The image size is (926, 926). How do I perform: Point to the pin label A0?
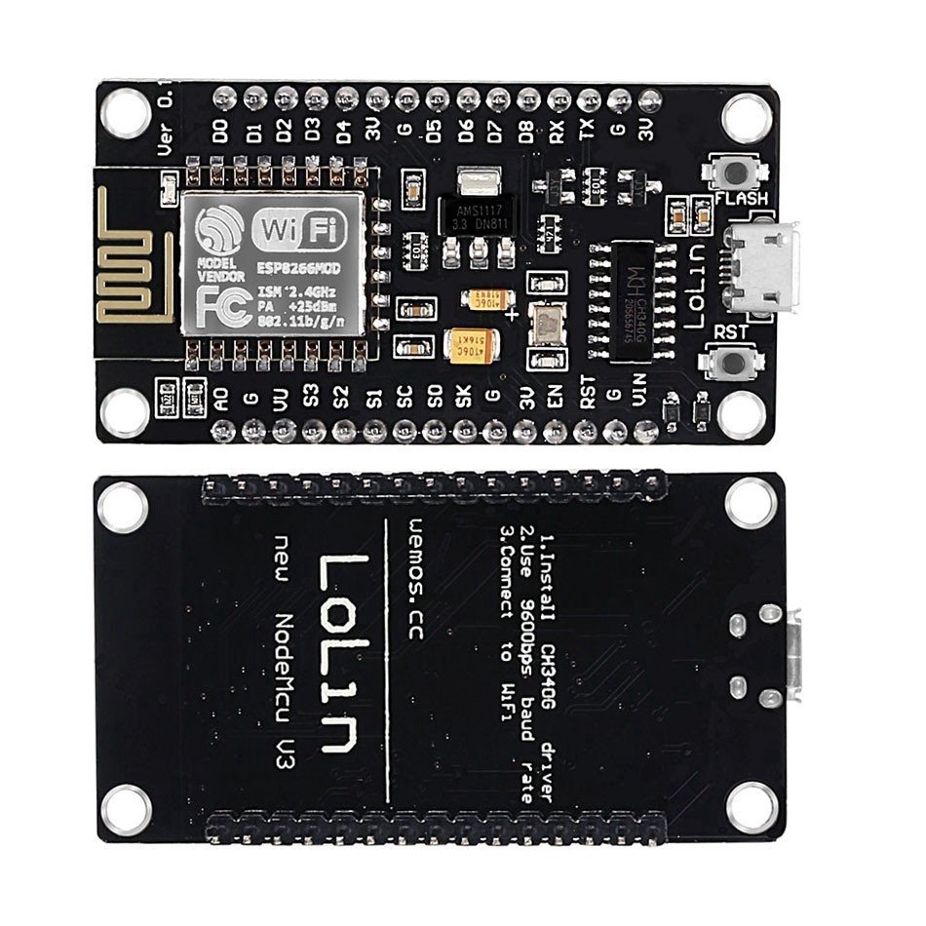click(221, 398)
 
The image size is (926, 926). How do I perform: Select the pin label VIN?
click(640, 396)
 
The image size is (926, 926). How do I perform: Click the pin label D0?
click(221, 133)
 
